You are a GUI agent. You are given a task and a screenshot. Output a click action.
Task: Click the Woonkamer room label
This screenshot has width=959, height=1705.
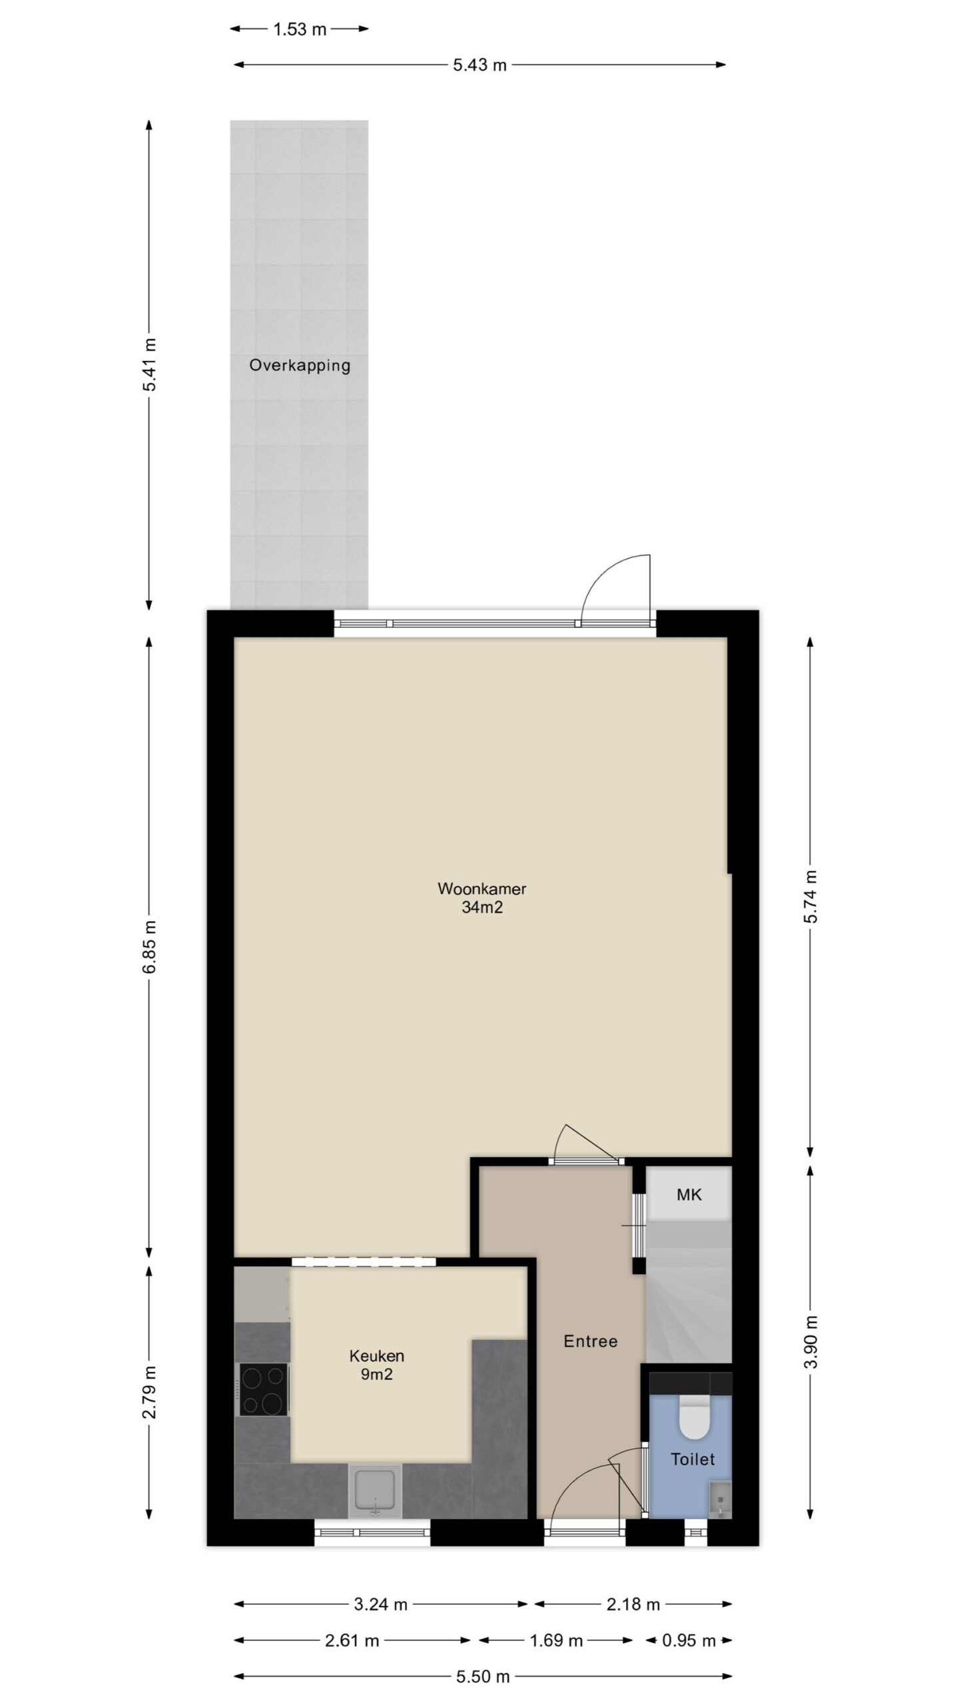[481, 888]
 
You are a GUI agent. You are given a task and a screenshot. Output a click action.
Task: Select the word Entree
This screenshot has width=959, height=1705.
[590, 1341]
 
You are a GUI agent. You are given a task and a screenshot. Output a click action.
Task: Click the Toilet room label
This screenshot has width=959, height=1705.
[693, 1459]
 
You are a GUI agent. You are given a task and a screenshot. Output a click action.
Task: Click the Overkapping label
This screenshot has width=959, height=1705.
[300, 365]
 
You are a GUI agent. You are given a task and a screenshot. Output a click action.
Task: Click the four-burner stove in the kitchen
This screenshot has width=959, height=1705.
[264, 1389]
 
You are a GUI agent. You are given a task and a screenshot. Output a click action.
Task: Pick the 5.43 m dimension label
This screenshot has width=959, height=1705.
[479, 65]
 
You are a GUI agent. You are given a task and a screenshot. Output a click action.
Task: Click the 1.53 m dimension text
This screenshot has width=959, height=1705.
[300, 29]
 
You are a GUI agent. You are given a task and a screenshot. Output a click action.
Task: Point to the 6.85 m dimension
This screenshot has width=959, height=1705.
[149, 946]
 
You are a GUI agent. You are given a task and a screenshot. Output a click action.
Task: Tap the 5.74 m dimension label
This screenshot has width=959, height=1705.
[810, 896]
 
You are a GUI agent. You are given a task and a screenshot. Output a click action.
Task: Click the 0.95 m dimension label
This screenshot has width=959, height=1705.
[689, 1640]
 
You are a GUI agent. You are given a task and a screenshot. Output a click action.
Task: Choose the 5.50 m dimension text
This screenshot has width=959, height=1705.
[483, 1676]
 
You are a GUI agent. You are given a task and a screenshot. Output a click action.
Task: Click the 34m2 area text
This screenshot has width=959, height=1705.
[481, 907]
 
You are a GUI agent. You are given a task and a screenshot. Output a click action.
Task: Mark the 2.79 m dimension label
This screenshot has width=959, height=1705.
[149, 1392]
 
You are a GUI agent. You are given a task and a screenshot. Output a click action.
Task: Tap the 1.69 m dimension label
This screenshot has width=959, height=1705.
[556, 1640]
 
